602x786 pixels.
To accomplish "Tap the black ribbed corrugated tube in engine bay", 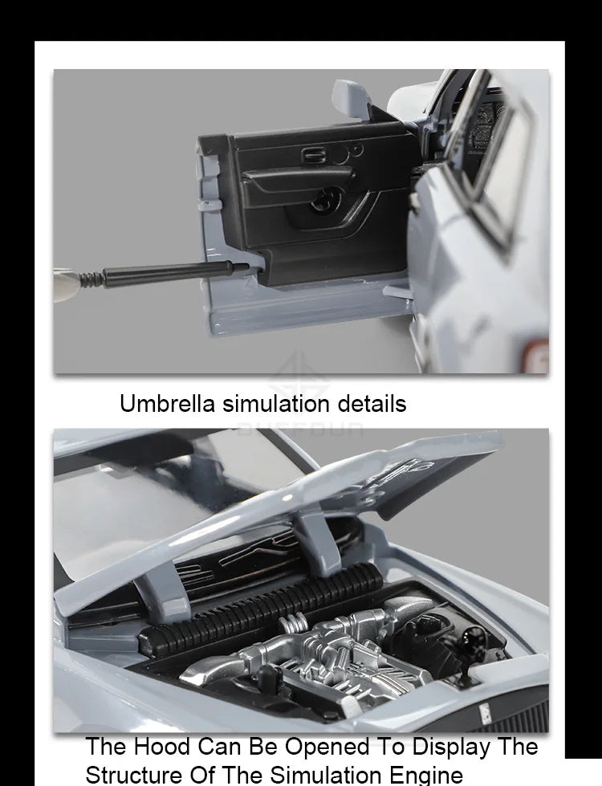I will pyautogui.click(x=257, y=610).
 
